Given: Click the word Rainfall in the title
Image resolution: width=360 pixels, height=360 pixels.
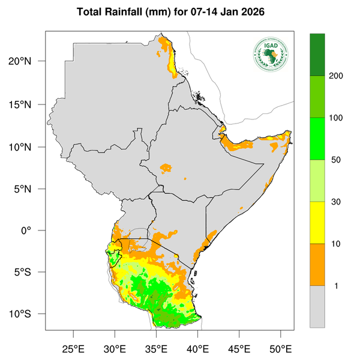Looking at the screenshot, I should (128, 12).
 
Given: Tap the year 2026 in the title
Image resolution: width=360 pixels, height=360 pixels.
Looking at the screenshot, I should (249, 12).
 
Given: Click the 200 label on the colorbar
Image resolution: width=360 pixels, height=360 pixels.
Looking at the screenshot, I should (337, 76).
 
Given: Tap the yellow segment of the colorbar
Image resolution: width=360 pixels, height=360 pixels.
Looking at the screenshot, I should (317, 223).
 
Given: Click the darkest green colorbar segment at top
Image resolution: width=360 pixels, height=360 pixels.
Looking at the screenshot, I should (317, 55).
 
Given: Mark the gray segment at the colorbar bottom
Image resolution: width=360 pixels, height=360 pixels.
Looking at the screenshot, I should (317, 306).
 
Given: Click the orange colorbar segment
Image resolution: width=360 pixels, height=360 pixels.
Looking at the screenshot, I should (317, 265).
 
